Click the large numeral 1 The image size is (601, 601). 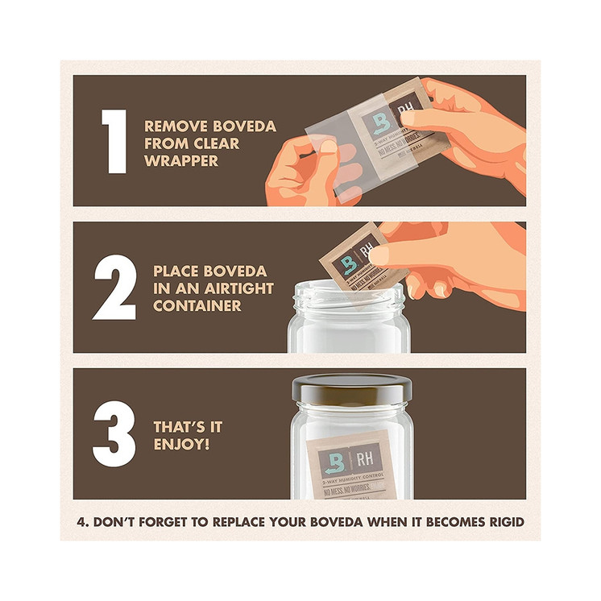[x=114, y=141]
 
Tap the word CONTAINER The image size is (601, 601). [x=197, y=306]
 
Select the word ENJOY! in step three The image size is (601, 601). [x=182, y=445]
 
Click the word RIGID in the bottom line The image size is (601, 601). [x=504, y=522]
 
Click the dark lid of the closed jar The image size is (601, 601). [x=352, y=392]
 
